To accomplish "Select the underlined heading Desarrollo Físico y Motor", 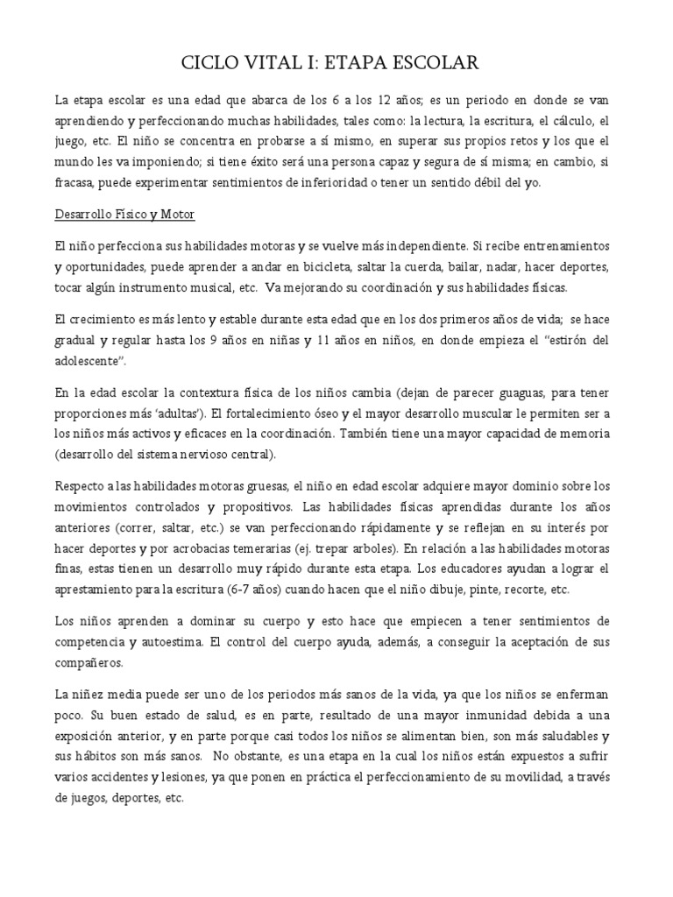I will (x=124, y=214).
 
